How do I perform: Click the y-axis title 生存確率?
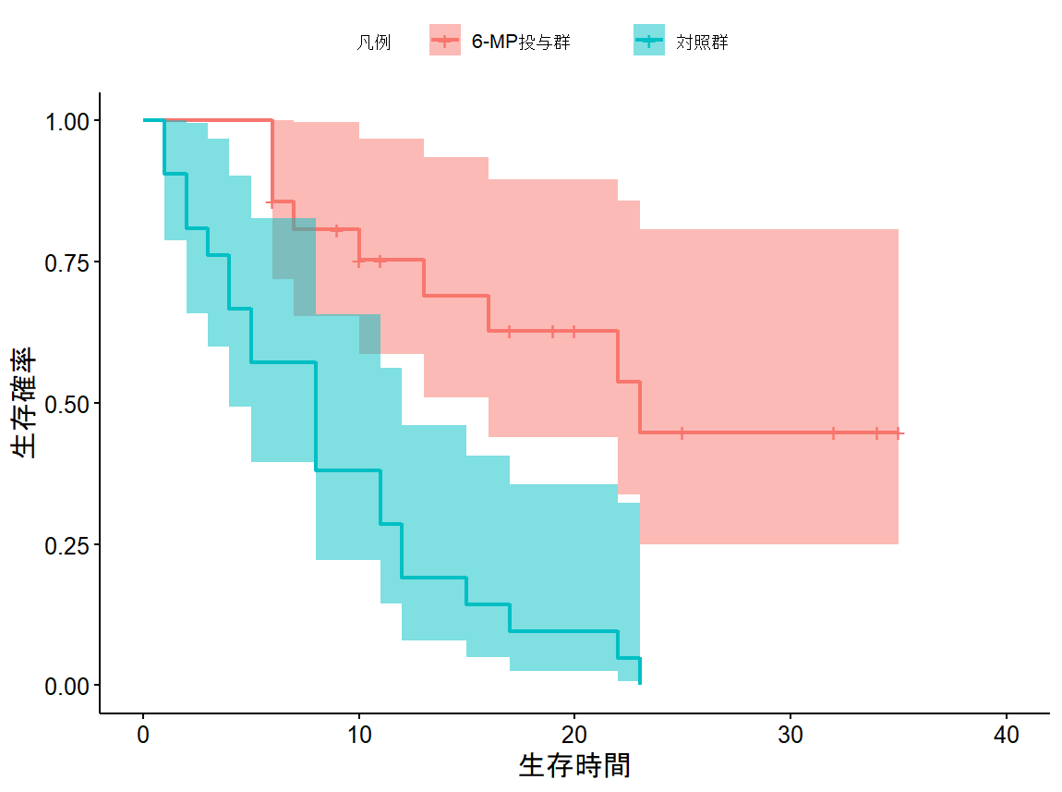(25, 403)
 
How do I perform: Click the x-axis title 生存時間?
(574, 765)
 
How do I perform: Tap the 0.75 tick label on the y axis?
(67, 262)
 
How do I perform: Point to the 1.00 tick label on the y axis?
(67, 121)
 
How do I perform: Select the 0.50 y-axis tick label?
(67, 404)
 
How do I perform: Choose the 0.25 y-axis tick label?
(67, 544)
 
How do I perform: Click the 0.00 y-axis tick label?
(67, 686)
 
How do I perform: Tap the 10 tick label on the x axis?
(359, 735)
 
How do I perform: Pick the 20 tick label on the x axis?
(574, 735)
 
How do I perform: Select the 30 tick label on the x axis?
(790, 735)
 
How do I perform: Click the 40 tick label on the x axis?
(1007, 735)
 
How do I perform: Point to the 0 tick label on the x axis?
(143, 735)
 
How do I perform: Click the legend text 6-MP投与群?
(521, 42)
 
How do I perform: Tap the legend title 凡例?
(373, 42)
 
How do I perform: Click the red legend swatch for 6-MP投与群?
(445, 41)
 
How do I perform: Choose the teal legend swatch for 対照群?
(649, 41)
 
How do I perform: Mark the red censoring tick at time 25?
(682, 433)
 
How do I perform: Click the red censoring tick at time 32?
(833, 433)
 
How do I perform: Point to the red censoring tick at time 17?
(510, 331)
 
